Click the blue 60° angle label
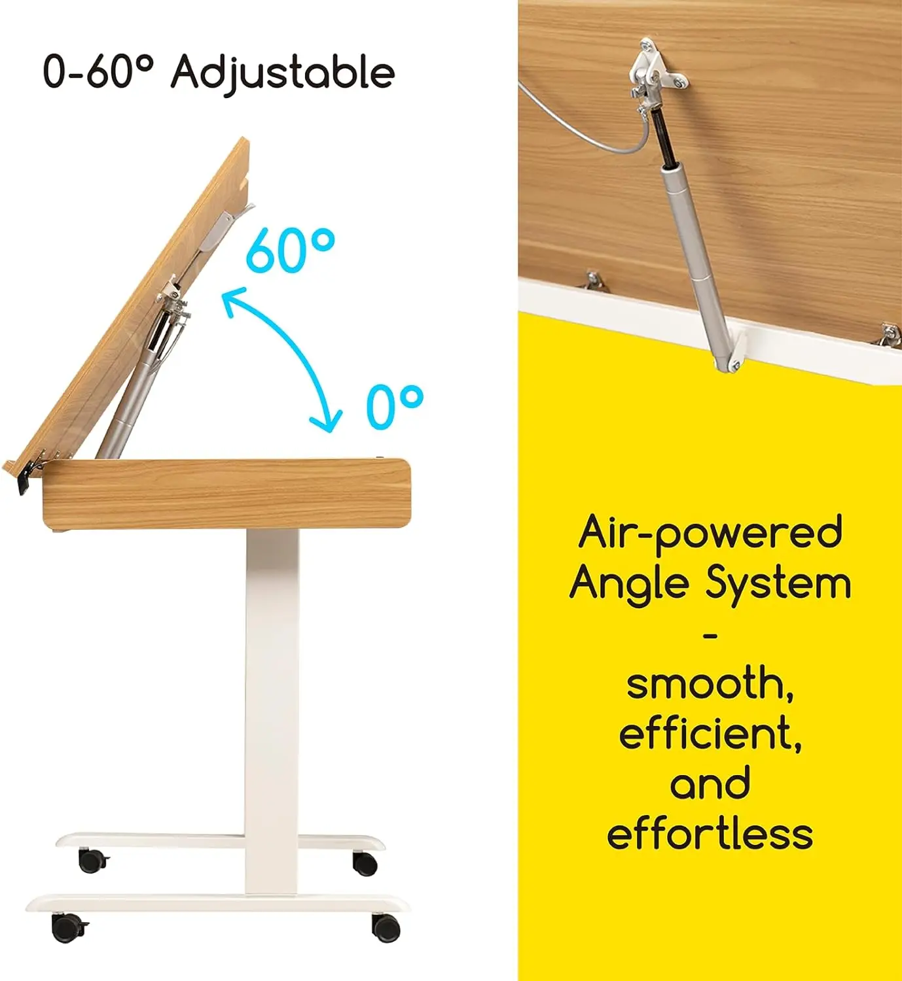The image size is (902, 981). click(290, 250)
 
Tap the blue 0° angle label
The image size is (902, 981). click(394, 407)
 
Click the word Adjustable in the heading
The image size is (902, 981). click(283, 72)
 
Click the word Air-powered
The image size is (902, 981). click(710, 534)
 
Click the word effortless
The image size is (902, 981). click(710, 834)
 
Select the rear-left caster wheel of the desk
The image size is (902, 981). click(92, 860)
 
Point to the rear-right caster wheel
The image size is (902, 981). click(365, 863)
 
